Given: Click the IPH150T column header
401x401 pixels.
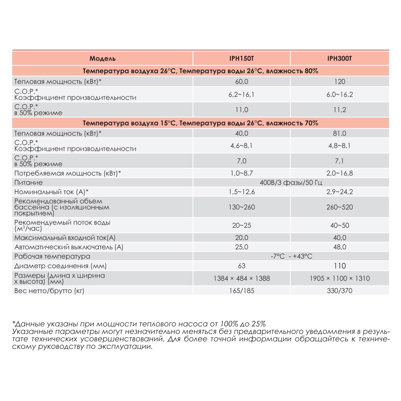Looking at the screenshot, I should coord(242,58).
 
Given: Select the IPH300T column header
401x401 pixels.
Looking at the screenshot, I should coord(340,58).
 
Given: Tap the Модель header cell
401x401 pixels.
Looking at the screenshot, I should coord(103,58).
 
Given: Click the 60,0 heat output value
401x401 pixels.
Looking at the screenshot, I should coord(242,82).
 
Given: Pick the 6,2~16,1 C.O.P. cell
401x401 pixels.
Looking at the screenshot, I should coord(242,95).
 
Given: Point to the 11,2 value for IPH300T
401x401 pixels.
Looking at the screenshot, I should coord(340,110).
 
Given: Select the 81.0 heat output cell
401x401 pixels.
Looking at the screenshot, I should coord(340,133).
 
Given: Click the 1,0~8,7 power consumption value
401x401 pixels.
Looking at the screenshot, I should coord(242,173).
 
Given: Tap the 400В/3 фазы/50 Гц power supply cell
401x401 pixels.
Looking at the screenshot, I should coord(291,182).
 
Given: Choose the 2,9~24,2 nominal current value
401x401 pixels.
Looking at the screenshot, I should coord(340,192).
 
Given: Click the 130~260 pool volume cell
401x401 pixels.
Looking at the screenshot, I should coord(242,207).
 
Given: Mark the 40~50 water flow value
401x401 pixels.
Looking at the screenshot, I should coord(340,226).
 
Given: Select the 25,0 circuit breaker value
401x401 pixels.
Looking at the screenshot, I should coord(242,247).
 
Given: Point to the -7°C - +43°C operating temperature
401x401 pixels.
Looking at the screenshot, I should coord(291,256).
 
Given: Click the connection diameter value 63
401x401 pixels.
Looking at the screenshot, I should coord(242,266).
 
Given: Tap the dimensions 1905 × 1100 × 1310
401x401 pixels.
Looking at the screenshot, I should coord(340,278).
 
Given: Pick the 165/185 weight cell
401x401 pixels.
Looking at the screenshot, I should coord(242,291).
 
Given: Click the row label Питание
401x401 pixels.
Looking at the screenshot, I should coord(29,182).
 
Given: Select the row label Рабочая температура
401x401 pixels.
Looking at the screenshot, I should coord(52,256).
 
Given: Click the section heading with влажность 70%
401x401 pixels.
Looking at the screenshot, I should coord(200,123).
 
